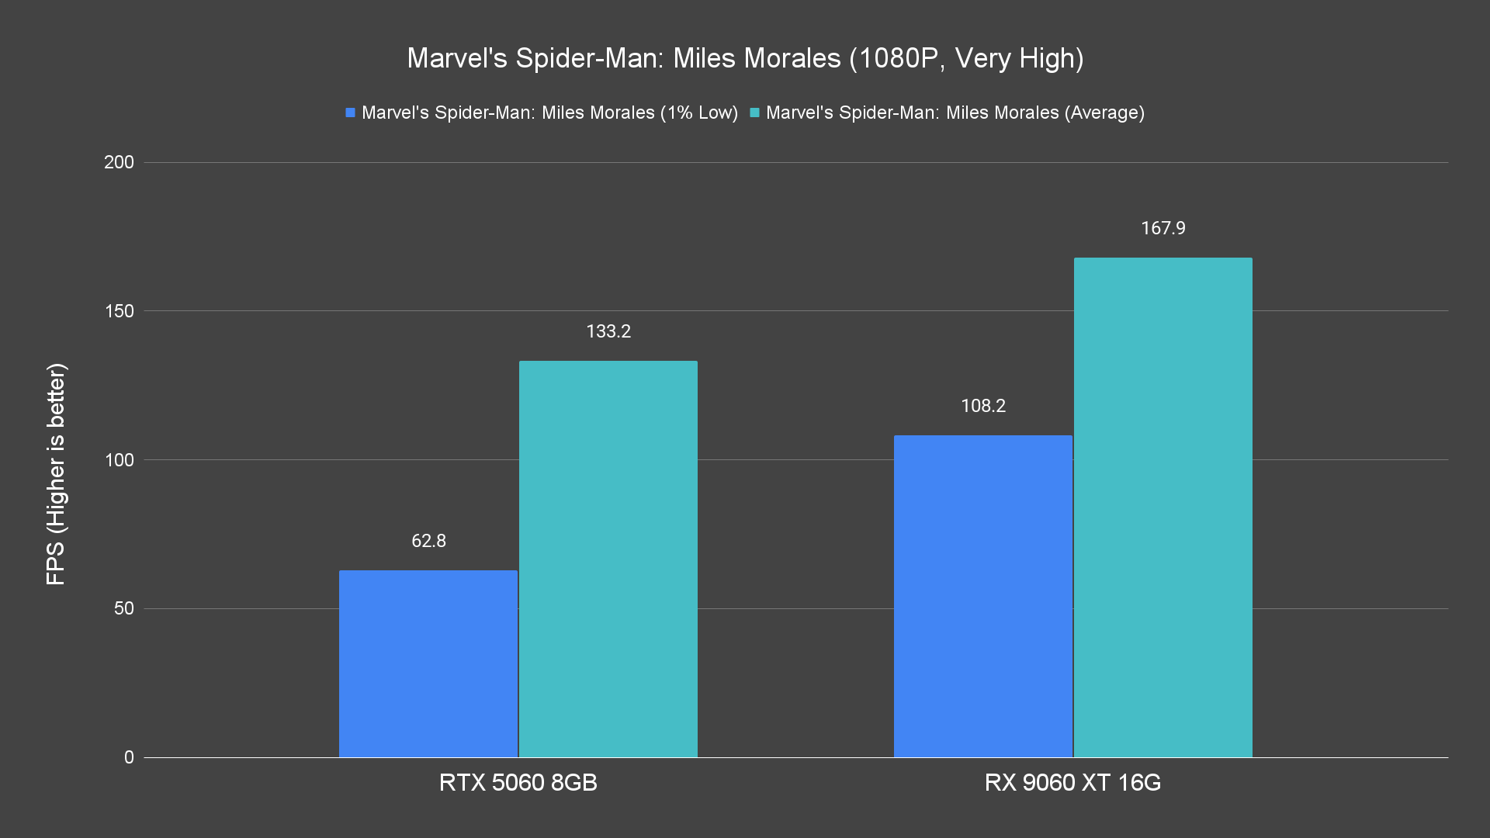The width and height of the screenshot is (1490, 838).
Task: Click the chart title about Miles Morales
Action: click(x=745, y=58)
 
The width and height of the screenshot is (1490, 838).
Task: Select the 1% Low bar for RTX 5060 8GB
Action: click(x=428, y=663)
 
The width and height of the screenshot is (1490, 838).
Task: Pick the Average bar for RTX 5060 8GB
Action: click(x=608, y=559)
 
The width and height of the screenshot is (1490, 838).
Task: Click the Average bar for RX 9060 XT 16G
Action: click(x=1163, y=507)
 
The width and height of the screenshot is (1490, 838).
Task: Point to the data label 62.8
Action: click(x=428, y=541)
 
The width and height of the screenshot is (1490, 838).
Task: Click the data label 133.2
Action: click(x=608, y=331)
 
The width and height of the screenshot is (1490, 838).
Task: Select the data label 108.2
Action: click(x=983, y=406)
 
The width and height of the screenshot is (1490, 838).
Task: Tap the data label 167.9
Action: click(x=1163, y=228)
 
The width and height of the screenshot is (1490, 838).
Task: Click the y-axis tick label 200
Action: click(x=119, y=162)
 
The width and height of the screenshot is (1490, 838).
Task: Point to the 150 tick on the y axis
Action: click(x=119, y=311)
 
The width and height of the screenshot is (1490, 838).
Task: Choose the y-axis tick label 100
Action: click(x=119, y=460)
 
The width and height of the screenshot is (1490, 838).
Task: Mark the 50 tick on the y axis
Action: click(x=123, y=608)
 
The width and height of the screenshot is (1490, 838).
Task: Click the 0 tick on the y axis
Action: click(x=129, y=757)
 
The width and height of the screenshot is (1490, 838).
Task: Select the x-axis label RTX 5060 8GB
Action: click(x=518, y=782)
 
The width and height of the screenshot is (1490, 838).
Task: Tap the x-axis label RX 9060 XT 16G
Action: click(x=1072, y=782)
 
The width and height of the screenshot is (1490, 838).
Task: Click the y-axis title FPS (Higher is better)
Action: click(x=56, y=473)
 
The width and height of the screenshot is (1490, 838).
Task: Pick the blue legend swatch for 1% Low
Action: click(x=351, y=113)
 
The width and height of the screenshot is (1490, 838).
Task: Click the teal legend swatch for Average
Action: click(x=754, y=113)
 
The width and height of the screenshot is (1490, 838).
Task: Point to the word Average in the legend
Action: click(x=1104, y=113)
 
